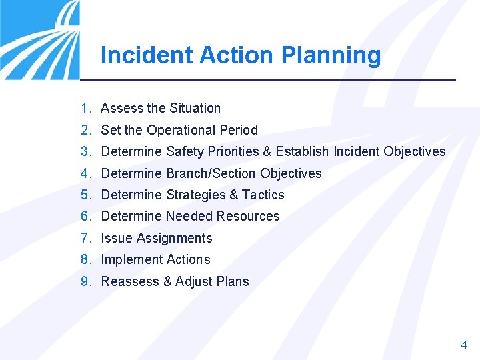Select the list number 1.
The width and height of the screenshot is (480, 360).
pyautogui.click(x=85, y=108)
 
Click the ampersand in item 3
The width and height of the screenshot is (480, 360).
pyautogui.click(x=267, y=151)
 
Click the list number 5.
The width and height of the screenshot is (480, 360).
pyautogui.click(x=85, y=195)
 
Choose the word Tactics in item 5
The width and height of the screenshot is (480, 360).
pyautogui.click(x=263, y=195)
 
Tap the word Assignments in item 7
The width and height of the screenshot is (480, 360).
pyautogui.click(x=175, y=238)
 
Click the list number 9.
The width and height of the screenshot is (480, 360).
pyautogui.click(x=85, y=281)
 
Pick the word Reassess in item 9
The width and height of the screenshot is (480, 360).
pyautogui.click(x=130, y=281)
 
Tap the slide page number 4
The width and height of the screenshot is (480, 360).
pyautogui.click(x=464, y=345)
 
